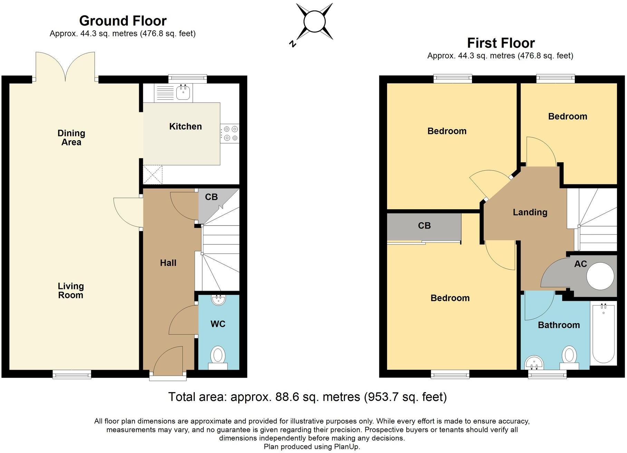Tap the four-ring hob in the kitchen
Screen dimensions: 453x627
pyautogui.click(x=230, y=134)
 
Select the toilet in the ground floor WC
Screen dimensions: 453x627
pyautogui.click(x=218, y=356)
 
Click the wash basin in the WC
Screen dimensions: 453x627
pyautogui.click(x=218, y=300)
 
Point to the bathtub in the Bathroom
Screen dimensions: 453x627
pyautogui.click(x=603, y=333)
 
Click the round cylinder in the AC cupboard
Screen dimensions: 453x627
pyautogui.click(x=600, y=276)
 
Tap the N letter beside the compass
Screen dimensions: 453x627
pyautogui.click(x=293, y=44)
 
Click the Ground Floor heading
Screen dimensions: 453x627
pyautogui.click(x=123, y=21)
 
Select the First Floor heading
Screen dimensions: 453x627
pyautogui.click(x=501, y=43)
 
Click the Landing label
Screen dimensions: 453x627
pyautogui.click(x=530, y=212)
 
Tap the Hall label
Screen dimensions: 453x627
pyautogui.click(x=168, y=263)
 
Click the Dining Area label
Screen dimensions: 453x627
pyautogui.click(x=71, y=138)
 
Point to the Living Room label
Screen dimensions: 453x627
pyautogui.click(x=70, y=290)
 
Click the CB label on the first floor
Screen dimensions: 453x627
pyautogui.click(x=424, y=226)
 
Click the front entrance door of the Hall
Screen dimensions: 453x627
pyautogui.click(x=168, y=361)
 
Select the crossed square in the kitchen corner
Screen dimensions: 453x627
pyautogui.click(x=153, y=175)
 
